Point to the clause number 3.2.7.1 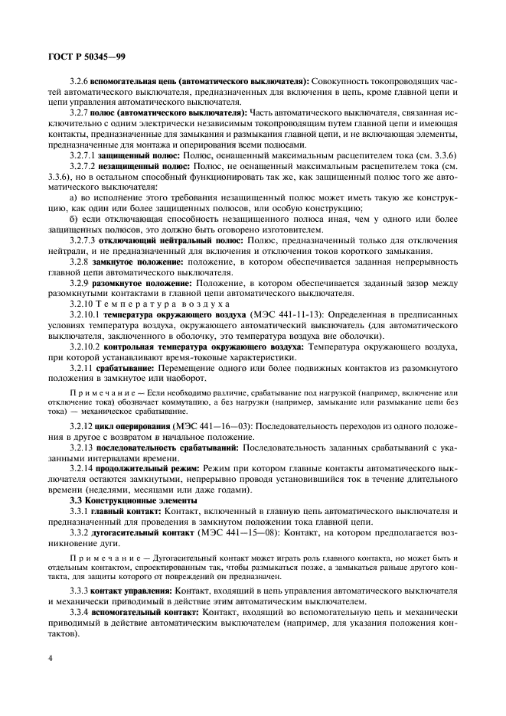[x=82, y=155]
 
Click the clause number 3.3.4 [x=78, y=613]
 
